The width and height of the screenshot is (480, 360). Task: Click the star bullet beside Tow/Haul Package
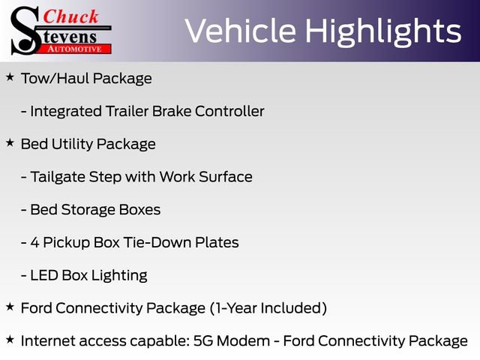click(10, 77)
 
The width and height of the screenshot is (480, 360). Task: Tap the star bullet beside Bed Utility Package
click(10, 142)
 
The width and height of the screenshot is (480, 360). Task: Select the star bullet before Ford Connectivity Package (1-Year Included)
click(10, 306)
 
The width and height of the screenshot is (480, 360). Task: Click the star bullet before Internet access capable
click(10, 340)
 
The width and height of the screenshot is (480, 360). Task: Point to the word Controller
click(229, 112)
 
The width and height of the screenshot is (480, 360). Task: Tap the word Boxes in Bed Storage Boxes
click(138, 210)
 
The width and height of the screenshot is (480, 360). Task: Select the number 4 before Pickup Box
click(35, 242)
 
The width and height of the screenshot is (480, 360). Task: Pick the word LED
click(43, 275)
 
